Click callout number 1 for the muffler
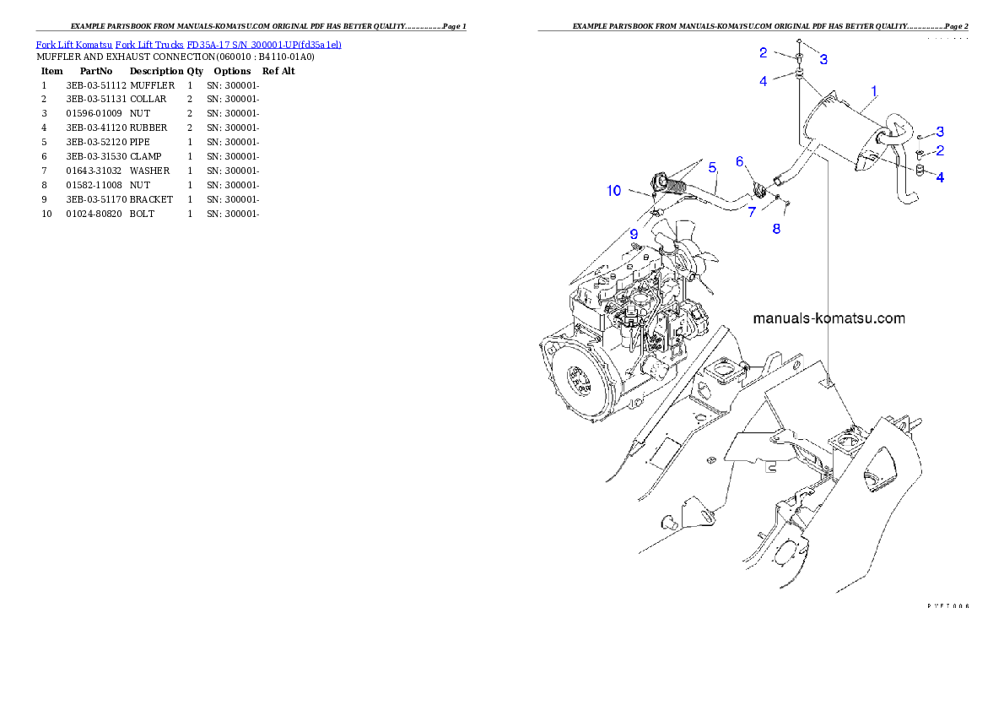[874, 90]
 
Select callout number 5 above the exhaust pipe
[712, 166]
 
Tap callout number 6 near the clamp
[739, 161]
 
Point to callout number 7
[751, 211]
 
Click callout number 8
[776, 228]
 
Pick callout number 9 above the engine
[632, 233]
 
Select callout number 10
[614, 191]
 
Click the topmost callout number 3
[823, 59]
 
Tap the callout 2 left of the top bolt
[763, 52]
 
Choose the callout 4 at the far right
[939, 177]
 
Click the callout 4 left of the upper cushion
[763, 81]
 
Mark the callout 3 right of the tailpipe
[939, 132]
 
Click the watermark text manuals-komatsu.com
[829, 318]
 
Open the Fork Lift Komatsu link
[73, 44]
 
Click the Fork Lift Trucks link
[149, 44]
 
